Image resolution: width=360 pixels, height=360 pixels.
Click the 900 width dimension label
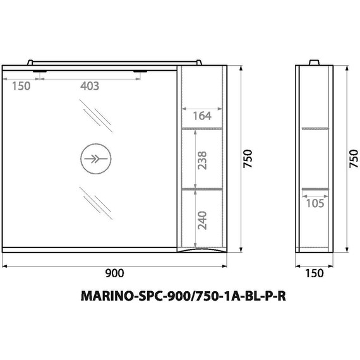coord(114,273)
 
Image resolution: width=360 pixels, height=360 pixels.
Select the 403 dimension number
coord(90,87)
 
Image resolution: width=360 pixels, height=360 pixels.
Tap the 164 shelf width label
coord(202,116)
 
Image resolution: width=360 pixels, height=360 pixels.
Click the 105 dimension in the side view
coord(315,203)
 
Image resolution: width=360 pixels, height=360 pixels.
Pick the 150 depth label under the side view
coord(314,273)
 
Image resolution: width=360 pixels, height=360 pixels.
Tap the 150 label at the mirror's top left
coord(21,87)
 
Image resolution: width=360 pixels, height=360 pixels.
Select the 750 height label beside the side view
coord(353,159)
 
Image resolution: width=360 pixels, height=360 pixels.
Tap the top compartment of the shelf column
coord(202,95)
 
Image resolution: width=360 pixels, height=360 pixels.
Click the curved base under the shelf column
coord(202,251)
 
